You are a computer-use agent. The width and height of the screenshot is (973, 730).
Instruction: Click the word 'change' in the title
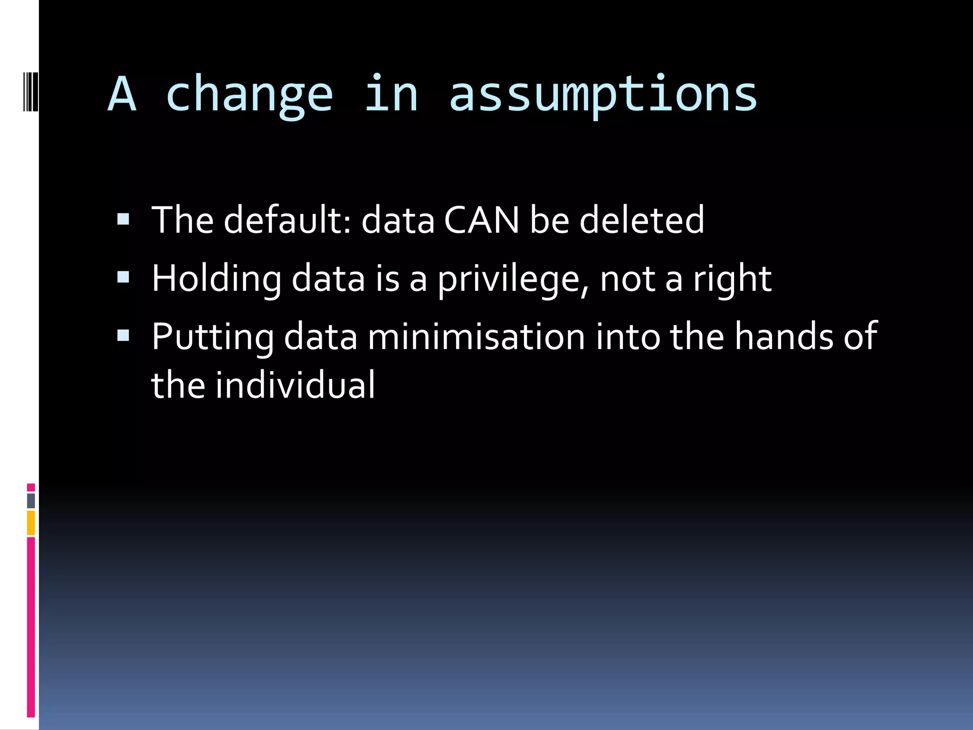[249, 95]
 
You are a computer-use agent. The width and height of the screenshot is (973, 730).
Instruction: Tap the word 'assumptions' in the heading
[602, 95]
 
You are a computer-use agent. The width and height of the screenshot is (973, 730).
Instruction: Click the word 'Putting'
[212, 337]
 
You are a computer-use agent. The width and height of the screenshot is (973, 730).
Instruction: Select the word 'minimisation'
[476, 337]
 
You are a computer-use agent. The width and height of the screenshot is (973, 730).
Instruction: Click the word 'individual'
[295, 385]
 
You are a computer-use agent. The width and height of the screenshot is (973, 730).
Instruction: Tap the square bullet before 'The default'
[123, 219]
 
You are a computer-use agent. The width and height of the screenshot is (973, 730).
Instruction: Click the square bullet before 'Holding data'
[123, 277]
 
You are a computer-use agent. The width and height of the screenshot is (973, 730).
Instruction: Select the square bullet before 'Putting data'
[123, 336]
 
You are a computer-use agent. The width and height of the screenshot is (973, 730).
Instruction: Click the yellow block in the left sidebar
[31, 523]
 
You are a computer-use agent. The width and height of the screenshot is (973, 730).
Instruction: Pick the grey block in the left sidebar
[31, 500]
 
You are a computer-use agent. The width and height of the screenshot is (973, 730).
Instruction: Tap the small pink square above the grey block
[31, 488]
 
